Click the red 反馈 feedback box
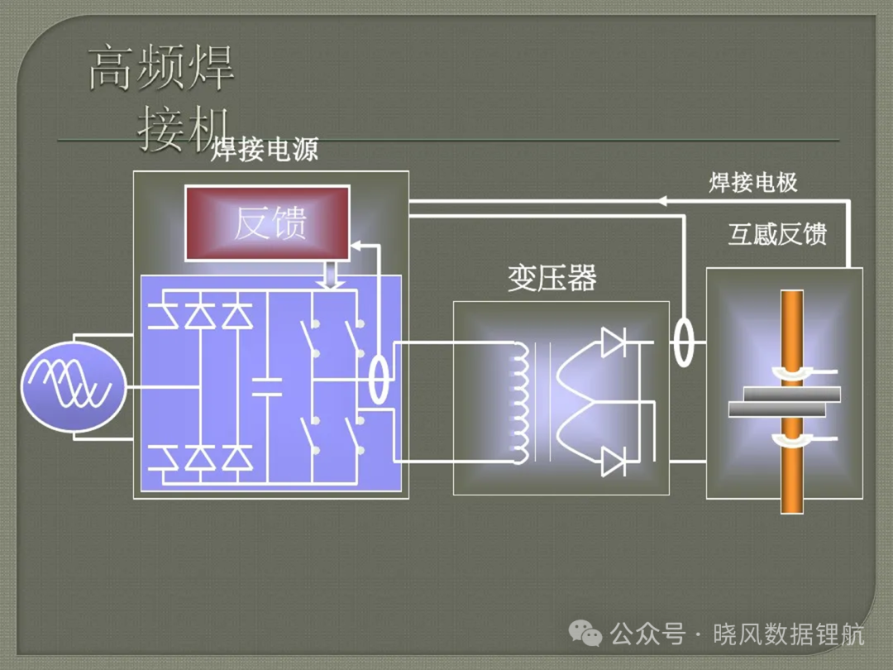(x=267, y=223)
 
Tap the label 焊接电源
(x=265, y=150)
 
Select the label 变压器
(x=552, y=278)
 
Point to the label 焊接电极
(x=753, y=182)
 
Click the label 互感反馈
(x=777, y=234)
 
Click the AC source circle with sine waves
(x=74, y=387)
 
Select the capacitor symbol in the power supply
(x=266, y=387)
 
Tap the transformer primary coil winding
(x=520, y=403)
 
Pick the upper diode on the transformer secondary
(x=614, y=342)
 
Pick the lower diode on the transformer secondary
(x=614, y=462)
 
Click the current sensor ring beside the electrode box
(x=684, y=342)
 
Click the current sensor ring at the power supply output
(x=379, y=379)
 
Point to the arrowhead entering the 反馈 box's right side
(x=356, y=246)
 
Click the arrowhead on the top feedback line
(x=662, y=200)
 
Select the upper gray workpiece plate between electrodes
(x=792, y=395)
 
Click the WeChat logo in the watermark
(x=585, y=633)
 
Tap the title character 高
(x=111, y=68)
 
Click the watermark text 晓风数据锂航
(x=789, y=634)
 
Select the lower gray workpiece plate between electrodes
(x=776, y=409)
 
